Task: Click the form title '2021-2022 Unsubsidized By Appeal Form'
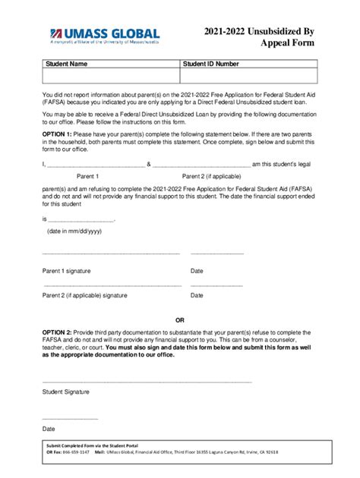(x=258, y=37)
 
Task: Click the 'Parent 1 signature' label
(x=68, y=270)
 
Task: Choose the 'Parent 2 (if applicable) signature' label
(x=85, y=295)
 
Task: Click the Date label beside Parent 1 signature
(x=197, y=270)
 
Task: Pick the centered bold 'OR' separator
(x=180, y=319)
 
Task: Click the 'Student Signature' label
(x=66, y=392)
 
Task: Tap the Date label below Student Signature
(x=49, y=429)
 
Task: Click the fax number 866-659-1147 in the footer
(x=74, y=451)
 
